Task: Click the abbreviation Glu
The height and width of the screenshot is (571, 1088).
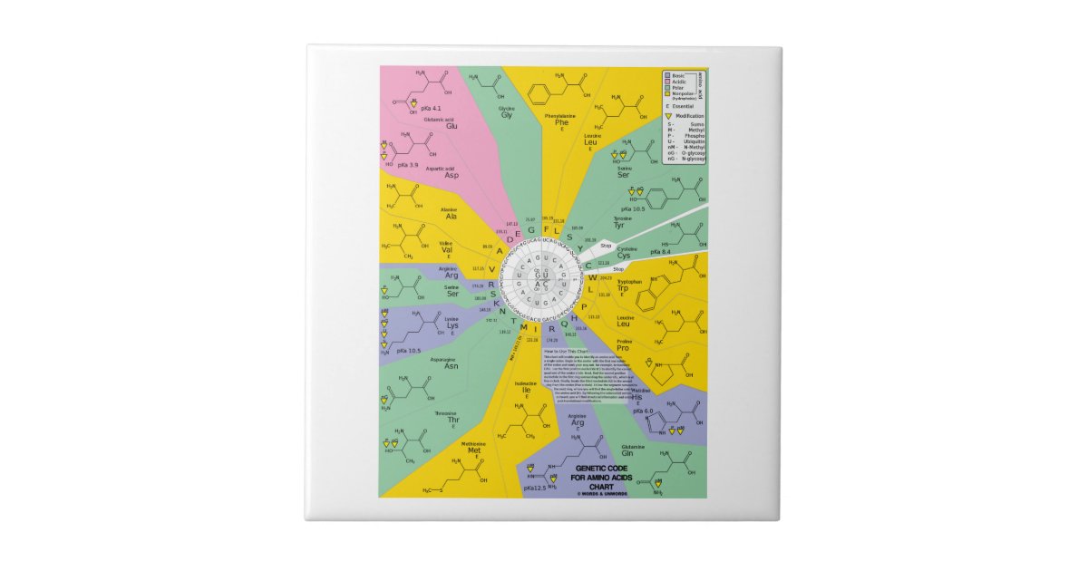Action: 451,126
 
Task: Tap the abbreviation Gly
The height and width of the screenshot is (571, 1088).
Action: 507,115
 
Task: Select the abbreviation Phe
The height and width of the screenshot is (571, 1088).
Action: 562,122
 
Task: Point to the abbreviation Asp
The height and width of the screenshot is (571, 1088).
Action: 452,175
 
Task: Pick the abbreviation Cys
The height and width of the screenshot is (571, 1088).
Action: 624,256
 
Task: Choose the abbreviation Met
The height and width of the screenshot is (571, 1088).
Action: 474,450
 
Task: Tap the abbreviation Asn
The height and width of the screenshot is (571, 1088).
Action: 452,366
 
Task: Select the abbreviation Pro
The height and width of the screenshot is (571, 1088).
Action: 623,348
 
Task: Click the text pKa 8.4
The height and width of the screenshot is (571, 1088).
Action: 673,251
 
